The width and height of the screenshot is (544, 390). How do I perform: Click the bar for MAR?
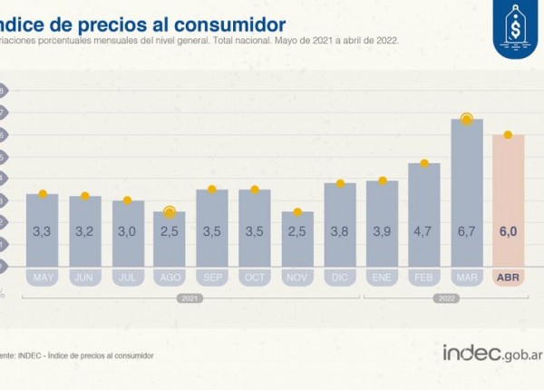coord(466,190)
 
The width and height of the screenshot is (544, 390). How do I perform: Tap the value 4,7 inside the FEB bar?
coord(423,232)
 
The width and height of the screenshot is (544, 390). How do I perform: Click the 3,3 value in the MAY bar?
coord(43,232)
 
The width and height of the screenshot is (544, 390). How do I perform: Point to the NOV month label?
coord(296,276)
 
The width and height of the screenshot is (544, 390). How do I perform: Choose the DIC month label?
coord(339,276)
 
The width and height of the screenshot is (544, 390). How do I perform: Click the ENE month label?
coord(382,276)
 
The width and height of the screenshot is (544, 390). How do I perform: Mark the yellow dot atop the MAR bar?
coord(466,119)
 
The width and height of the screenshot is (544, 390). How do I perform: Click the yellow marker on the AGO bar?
coord(170,212)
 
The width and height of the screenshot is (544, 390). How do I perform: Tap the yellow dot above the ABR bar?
coord(508,135)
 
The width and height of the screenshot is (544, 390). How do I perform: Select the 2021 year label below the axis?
coord(191,297)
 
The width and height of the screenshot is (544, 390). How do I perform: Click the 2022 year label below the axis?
coord(445,297)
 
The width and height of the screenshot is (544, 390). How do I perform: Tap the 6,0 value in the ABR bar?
coord(508,232)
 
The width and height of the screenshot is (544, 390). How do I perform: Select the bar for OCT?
coord(255,227)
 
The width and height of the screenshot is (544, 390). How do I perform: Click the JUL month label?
coord(128,276)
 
